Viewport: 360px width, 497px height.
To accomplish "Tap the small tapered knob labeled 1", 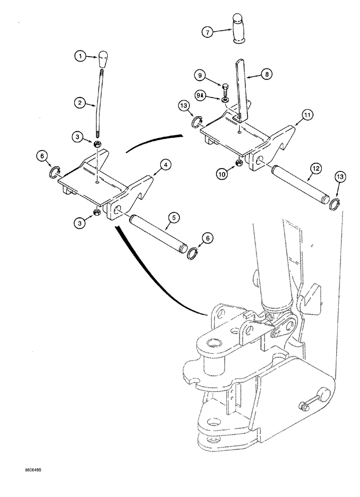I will click(x=103, y=60).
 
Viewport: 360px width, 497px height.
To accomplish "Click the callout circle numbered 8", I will click(x=268, y=75).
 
